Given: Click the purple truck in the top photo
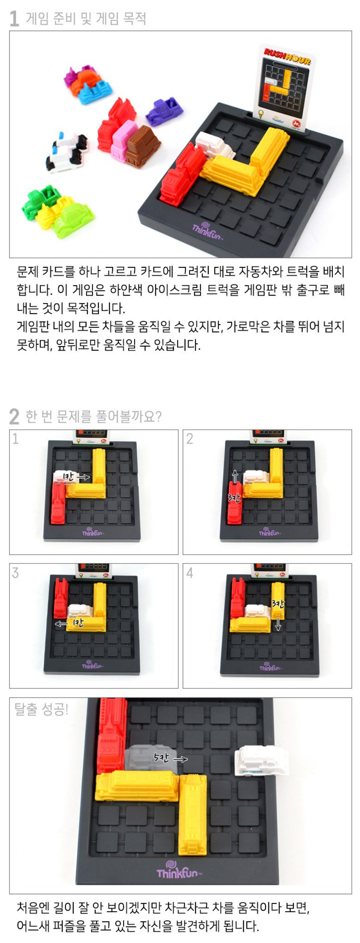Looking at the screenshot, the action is [x=164, y=112].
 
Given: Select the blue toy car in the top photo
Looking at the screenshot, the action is [x=94, y=91].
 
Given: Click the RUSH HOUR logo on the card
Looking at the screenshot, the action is [x=287, y=56].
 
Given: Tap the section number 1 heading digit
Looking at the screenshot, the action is [x=14, y=19].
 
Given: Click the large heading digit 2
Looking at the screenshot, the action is [x=14, y=417].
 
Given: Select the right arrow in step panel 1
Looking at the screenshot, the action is [x=83, y=477].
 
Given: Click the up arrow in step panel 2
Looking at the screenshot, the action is [x=235, y=476].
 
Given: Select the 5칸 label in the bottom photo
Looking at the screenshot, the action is [x=162, y=757].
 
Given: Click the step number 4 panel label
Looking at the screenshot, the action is [x=189, y=572].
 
